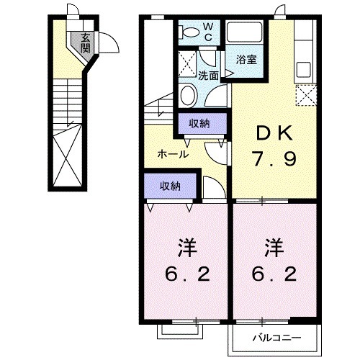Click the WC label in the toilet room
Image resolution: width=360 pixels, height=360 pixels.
(207, 31)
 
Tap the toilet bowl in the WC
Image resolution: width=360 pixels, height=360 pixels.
(189, 32)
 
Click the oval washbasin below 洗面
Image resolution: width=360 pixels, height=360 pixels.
(189, 96)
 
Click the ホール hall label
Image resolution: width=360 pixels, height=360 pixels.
(174, 154)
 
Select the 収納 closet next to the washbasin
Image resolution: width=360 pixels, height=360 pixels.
(199, 123)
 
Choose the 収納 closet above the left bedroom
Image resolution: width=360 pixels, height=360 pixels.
(170, 186)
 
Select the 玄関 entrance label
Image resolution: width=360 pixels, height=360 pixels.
(86, 44)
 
